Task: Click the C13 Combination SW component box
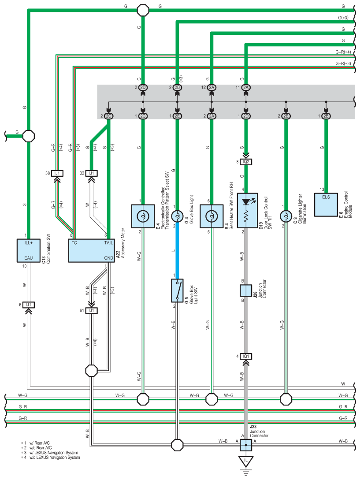pos(29,250)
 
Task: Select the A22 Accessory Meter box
pos(92,250)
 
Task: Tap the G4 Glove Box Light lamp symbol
pos(177,216)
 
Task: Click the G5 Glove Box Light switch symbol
pos(177,290)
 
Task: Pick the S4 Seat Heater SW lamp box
pos(212,216)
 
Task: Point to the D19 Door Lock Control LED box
pos(247,210)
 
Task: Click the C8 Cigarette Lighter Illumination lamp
pos(286,216)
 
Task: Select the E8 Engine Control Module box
pos(326,205)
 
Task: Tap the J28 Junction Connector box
pos(246,290)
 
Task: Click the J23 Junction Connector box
pos(246,445)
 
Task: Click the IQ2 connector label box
pos(246,162)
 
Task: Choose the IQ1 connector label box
pos(246,356)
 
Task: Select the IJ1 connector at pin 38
pos(57,173)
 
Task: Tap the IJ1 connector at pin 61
pos(91,310)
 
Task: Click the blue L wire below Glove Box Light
pos(177,250)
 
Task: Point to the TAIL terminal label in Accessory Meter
pos(109,243)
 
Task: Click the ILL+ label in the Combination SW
pos(29,243)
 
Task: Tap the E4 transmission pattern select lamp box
pos(143,216)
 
